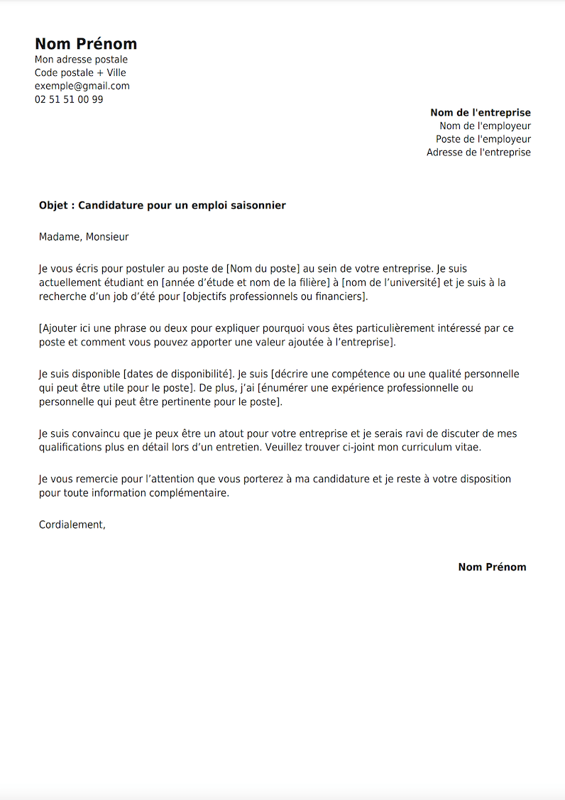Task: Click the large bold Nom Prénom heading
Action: point(86,44)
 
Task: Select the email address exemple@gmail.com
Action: point(82,86)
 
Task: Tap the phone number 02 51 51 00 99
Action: point(69,99)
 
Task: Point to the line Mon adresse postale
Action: point(81,60)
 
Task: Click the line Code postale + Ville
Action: point(80,72)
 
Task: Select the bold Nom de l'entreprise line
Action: point(480,113)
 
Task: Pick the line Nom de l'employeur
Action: point(485,126)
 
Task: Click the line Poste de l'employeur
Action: point(483,139)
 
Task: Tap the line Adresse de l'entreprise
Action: point(478,152)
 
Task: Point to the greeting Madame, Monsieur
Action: point(84,237)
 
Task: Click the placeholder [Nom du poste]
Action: point(263,269)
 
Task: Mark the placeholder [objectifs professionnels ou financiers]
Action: point(275,296)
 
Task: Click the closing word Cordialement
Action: point(71,525)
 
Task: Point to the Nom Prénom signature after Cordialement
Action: point(492,567)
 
